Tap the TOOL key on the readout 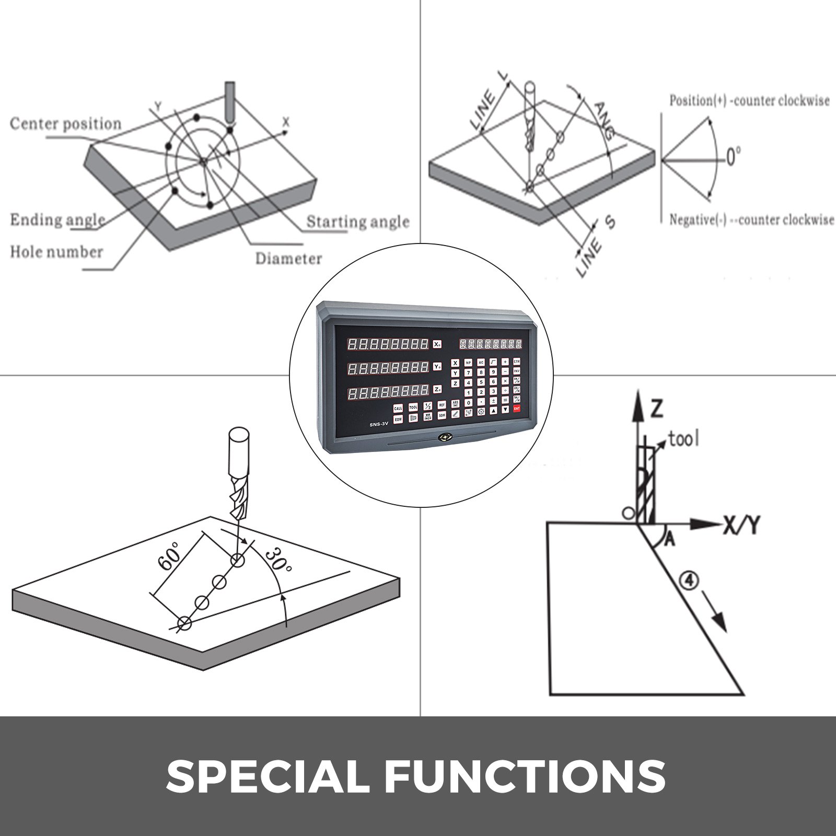tap(413, 407)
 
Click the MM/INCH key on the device tap(427, 416)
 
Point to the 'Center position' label tap(65, 124)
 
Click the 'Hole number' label tap(56, 252)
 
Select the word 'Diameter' tap(288, 258)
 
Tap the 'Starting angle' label tap(357, 222)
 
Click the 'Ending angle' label tap(57, 220)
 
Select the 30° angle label tap(277, 562)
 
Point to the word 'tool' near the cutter tap(683, 439)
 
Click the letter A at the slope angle tap(669, 541)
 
